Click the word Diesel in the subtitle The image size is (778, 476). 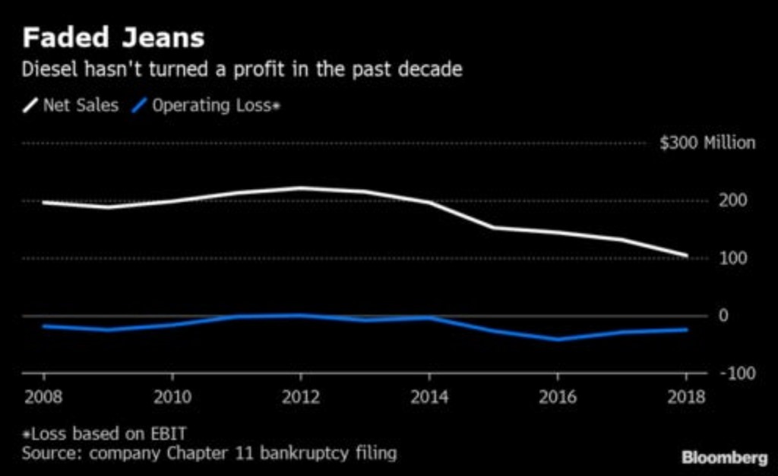click(x=46, y=71)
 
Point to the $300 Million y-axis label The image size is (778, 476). click(x=707, y=143)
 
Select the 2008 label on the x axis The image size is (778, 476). click(x=43, y=396)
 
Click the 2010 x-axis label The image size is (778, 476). click(x=172, y=396)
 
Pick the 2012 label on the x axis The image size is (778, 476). click(x=301, y=396)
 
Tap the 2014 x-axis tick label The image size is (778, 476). click(x=430, y=396)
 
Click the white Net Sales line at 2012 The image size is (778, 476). click(x=301, y=188)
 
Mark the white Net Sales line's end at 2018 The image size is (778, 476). click(x=687, y=256)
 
